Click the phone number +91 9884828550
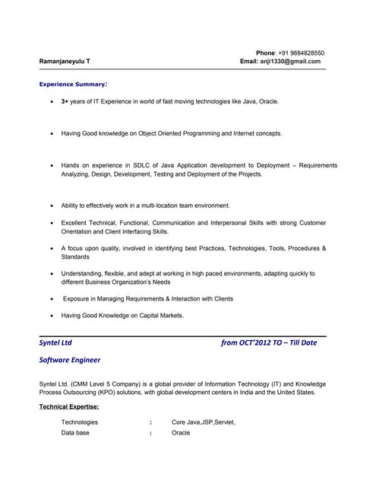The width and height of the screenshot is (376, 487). (x=300, y=53)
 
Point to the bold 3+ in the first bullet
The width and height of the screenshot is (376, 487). (x=65, y=101)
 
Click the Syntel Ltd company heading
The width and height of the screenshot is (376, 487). (x=55, y=343)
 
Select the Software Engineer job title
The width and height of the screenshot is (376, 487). (x=69, y=360)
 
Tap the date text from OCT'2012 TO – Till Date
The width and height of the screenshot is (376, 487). (x=269, y=343)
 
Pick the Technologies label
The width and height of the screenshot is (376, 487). (x=80, y=422)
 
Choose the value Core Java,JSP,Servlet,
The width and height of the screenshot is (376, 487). (x=204, y=422)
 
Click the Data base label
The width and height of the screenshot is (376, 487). (x=75, y=433)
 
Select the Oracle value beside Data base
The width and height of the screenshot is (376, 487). (x=181, y=433)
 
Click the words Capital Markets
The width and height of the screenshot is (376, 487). (x=160, y=315)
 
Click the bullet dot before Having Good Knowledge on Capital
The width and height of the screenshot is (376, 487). (x=51, y=315)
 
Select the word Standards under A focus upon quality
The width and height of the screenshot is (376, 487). (x=75, y=257)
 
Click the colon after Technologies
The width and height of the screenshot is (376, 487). (x=151, y=422)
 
